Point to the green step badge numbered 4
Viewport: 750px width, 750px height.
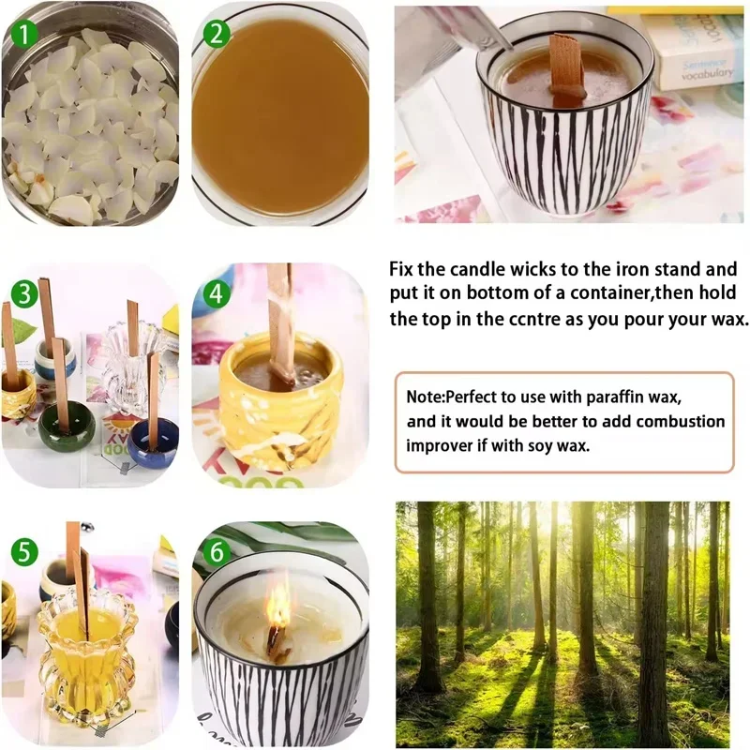click(217, 292)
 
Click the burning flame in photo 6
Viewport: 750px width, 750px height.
click(278, 610)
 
